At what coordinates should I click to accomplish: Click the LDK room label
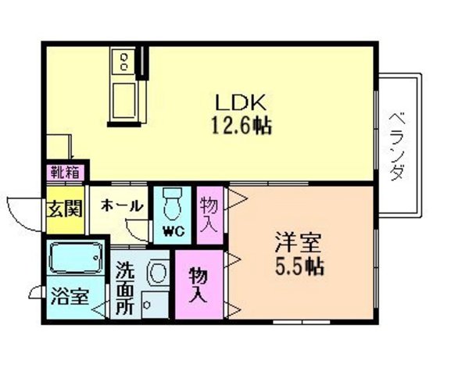click(243, 102)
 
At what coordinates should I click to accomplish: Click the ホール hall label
click(121, 206)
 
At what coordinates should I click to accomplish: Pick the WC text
click(174, 230)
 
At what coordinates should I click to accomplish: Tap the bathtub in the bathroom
click(74, 258)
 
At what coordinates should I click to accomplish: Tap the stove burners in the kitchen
click(124, 59)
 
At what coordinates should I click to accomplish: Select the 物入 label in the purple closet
click(199, 285)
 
